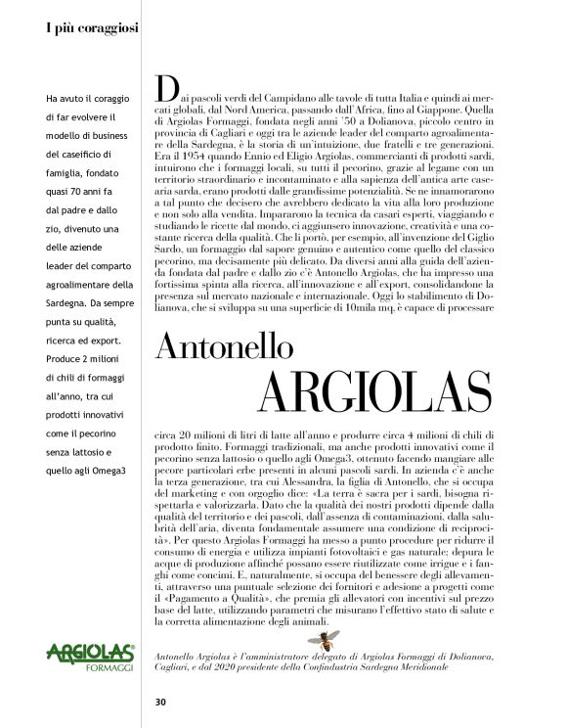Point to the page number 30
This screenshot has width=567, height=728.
pos(160,701)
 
